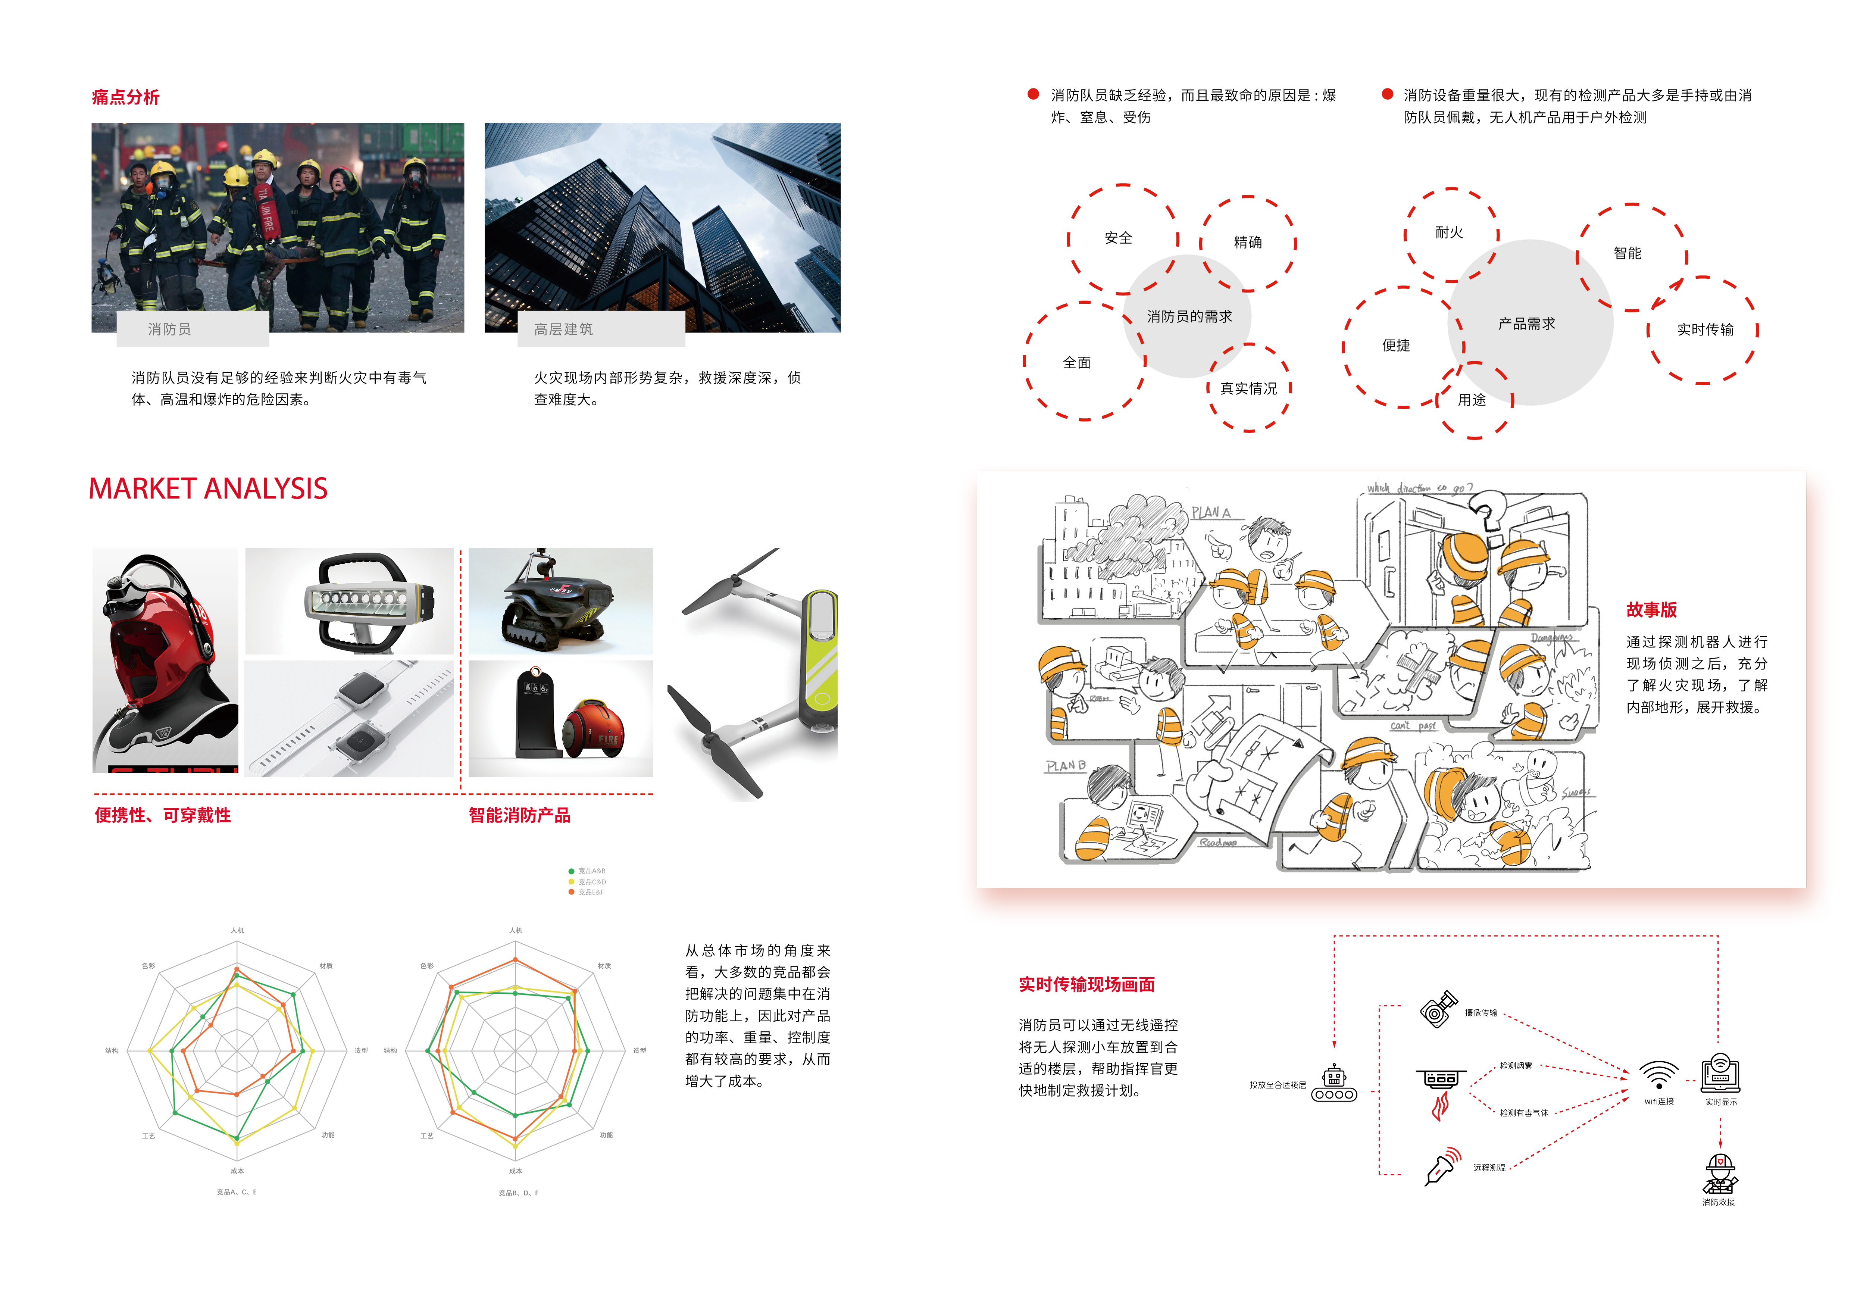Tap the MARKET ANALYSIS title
[208, 488]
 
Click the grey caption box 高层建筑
[601, 329]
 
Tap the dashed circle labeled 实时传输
[1704, 329]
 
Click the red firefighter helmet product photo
[165, 661]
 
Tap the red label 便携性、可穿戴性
[163, 815]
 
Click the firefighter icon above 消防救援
[1720, 1174]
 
